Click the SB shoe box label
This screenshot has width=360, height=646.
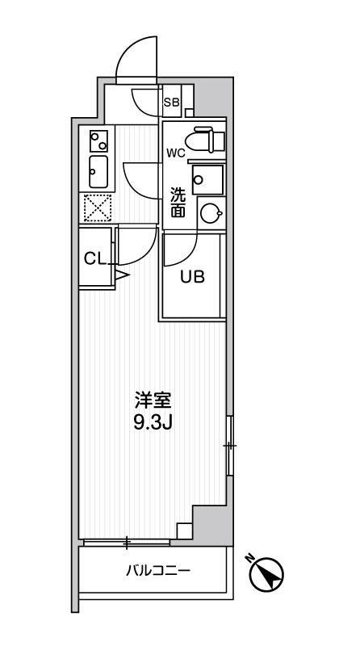click(x=172, y=102)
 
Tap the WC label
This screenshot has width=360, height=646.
click(x=176, y=153)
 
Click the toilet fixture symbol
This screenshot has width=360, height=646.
click(x=205, y=140)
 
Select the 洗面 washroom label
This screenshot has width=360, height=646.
click(x=178, y=203)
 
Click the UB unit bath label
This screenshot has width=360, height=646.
click(x=191, y=277)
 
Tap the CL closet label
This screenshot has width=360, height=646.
click(x=95, y=258)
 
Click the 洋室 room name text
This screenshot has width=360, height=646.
click(x=152, y=400)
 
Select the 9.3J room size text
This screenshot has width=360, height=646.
click(x=153, y=422)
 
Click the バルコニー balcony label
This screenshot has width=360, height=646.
click(x=157, y=571)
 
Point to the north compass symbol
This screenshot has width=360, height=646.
click(x=266, y=571)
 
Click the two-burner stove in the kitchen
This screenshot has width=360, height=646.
click(x=98, y=141)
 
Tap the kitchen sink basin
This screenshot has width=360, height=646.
click(x=98, y=172)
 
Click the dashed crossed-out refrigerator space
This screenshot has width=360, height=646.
click(x=98, y=208)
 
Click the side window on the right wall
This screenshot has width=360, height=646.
click(x=229, y=446)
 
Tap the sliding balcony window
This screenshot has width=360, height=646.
click(x=127, y=542)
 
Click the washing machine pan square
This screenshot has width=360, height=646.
click(x=208, y=179)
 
